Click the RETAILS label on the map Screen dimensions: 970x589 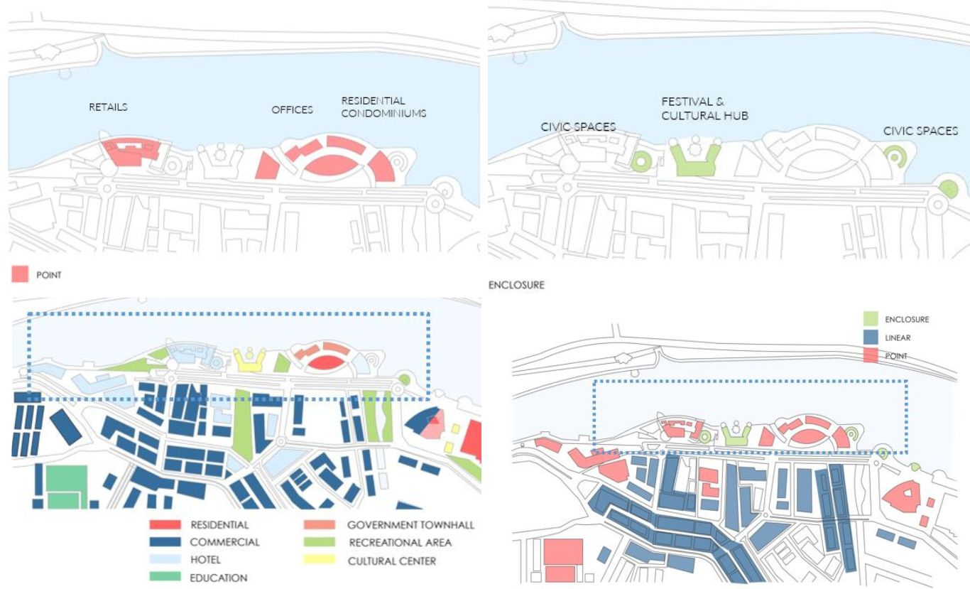click(108, 107)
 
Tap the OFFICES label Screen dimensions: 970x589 click(293, 109)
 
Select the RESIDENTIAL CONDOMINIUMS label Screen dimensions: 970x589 click(383, 107)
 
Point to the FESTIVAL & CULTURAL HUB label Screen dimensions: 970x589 click(704, 109)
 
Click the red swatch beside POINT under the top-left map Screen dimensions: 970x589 click(20, 274)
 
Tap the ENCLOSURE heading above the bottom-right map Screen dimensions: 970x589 click(516, 285)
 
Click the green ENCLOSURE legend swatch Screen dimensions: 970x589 click(871, 318)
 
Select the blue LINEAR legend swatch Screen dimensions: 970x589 click(871, 337)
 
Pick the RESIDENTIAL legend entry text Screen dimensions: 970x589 click(219, 525)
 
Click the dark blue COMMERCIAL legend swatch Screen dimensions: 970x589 click(165, 542)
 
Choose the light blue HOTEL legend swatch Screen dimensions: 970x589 click(165, 559)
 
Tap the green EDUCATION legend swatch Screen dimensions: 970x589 click(165, 576)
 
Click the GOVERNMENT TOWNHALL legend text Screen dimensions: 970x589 click(410, 525)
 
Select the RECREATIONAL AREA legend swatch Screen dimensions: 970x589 click(320, 542)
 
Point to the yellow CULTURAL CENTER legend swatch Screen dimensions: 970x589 click(320, 560)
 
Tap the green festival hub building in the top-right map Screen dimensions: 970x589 click(695, 159)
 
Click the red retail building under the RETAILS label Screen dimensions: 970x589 click(131, 151)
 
